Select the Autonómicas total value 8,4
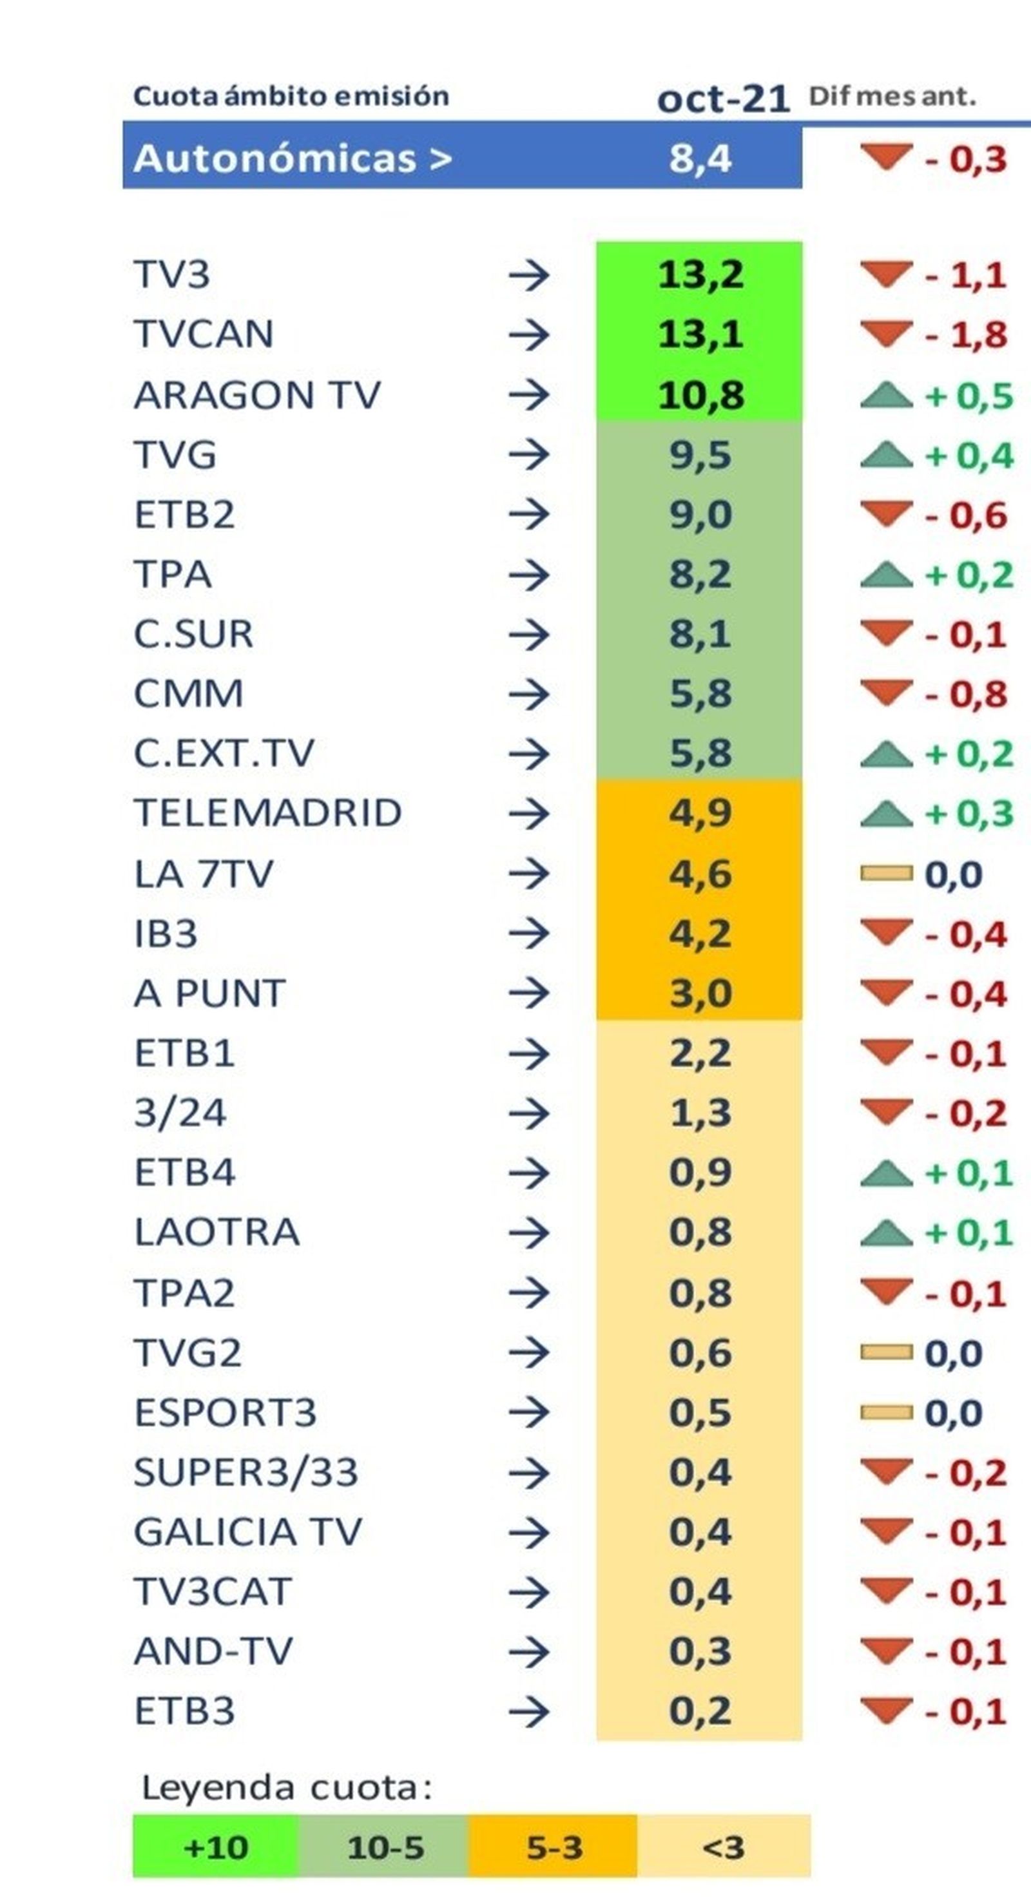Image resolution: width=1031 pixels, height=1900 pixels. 700,158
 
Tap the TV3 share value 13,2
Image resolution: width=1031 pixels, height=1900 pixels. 700,275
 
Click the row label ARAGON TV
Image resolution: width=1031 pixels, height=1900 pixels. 256,394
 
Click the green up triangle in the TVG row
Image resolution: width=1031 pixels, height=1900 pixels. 886,454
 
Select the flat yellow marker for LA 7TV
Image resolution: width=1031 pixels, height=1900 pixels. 886,874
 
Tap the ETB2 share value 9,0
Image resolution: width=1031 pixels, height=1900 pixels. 700,514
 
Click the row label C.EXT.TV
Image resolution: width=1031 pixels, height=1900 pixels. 224,753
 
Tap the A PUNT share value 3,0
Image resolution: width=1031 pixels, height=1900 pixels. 700,993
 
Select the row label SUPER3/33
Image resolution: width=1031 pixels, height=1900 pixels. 246,1472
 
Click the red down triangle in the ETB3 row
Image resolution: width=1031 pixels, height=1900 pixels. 886,1710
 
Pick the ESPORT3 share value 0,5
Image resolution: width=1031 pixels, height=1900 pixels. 700,1412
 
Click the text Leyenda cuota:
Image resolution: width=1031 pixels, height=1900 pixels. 286,1787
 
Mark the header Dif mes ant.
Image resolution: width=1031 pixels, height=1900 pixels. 892,96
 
